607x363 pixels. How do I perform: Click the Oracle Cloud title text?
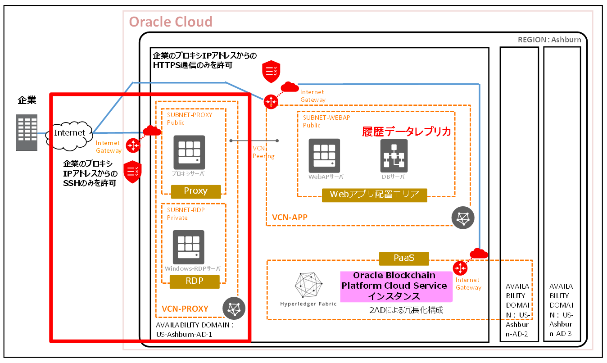click(x=171, y=22)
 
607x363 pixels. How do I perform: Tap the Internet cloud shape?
click(x=70, y=133)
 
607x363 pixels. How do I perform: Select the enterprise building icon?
click(x=27, y=133)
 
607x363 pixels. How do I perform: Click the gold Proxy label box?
click(x=196, y=191)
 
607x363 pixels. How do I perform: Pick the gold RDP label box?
click(x=195, y=281)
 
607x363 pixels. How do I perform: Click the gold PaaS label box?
click(x=404, y=258)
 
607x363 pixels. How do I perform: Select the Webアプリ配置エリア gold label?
click(x=374, y=195)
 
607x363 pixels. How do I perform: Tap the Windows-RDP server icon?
click(x=189, y=246)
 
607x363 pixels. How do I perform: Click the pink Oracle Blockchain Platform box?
click(x=396, y=286)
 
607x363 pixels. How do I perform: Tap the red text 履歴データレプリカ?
click(x=407, y=132)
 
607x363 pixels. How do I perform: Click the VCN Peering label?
click(x=263, y=152)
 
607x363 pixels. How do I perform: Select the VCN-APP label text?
click(x=290, y=218)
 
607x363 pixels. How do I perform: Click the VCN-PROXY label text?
click(x=185, y=309)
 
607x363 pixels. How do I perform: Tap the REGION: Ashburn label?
click(x=549, y=40)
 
